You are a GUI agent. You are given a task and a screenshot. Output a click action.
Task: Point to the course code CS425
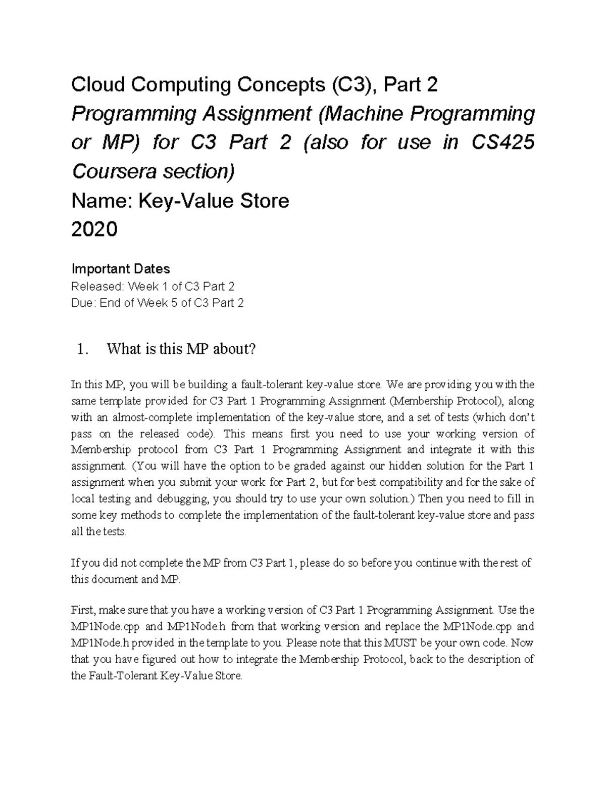(x=502, y=143)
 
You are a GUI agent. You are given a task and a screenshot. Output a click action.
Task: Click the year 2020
(x=94, y=230)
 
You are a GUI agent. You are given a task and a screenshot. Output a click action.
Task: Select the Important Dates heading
(x=121, y=269)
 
